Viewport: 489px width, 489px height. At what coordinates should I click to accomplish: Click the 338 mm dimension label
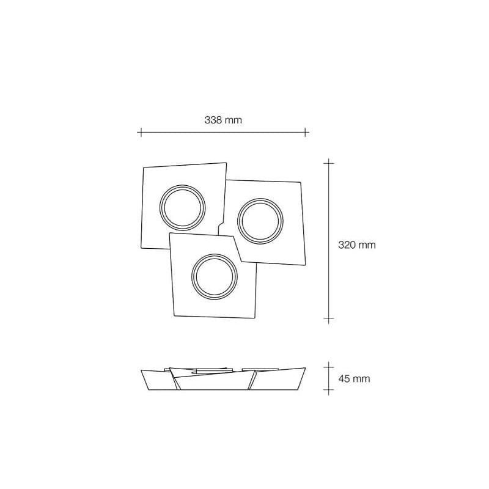[x=223, y=120]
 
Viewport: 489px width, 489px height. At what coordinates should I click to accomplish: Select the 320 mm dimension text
[x=356, y=244]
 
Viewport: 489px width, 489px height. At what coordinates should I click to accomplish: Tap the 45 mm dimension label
[x=354, y=379]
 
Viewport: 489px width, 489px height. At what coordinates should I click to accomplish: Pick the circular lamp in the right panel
[x=260, y=219]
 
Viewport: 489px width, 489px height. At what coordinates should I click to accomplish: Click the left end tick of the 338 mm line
[x=141, y=131]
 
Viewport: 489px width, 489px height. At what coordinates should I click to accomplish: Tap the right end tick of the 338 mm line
[x=306, y=131]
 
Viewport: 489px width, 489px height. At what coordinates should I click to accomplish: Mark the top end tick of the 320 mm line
[x=329, y=163]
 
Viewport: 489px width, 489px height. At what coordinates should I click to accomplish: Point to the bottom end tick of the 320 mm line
[x=329, y=318]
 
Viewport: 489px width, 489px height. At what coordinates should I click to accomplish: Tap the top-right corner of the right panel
[x=301, y=182]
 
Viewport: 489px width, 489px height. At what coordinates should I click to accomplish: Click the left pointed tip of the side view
[x=141, y=370]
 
